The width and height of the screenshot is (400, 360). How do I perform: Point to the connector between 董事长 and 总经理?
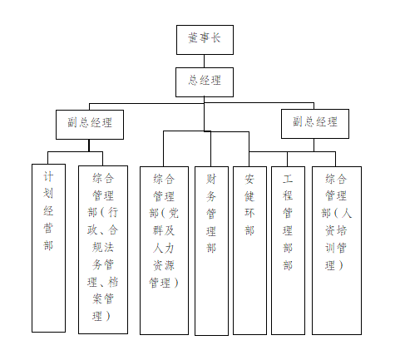pyautogui.click(x=205, y=62)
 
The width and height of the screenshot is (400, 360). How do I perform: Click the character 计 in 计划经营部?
pyautogui.click(x=48, y=176)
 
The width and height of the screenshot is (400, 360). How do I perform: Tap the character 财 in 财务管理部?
pyautogui.click(x=211, y=179)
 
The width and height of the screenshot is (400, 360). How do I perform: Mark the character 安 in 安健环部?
pyautogui.click(x=249, y=179)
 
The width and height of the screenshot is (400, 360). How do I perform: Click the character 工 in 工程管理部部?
pyautogui.click(x=288, y=179)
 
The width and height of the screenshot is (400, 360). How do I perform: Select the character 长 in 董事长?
pyautogui.click(x=215, y=37)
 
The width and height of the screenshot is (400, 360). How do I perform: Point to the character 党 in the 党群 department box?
pyautogui.click(x=174, y=213)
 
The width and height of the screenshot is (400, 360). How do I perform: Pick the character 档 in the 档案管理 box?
pyautogui.click(x=113, y=282)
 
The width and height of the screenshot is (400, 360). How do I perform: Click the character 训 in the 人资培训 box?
pyautogui.click(x=330, y=248)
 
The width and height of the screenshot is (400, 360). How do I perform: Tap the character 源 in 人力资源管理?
pyautogui.click(x=169, y=265)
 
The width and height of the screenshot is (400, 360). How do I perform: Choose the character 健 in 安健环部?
pyautogui.click(x=249, y=196)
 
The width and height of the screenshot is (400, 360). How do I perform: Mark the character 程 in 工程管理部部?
pyautogui.click(x=288, y=195)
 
